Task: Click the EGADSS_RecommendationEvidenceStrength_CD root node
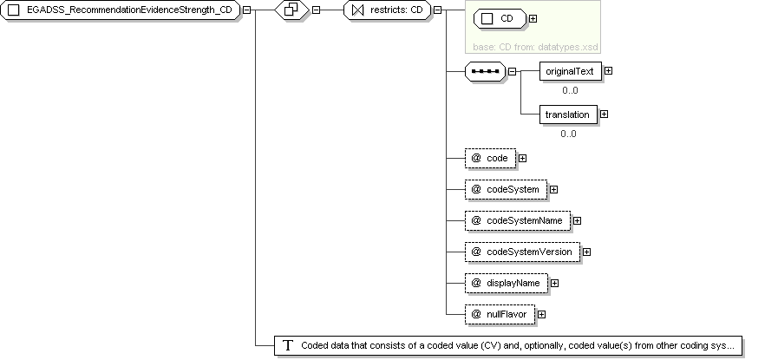120,10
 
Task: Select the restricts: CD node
388,10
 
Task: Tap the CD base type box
500,19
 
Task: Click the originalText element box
571,71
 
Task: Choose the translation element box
568,115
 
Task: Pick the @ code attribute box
490,158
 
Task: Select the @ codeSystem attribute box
507,189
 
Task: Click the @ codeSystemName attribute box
518,220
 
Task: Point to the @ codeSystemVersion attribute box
522,252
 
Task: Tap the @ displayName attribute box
507,283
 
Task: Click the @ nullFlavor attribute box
500,314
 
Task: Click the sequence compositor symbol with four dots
485,71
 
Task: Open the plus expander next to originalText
608,71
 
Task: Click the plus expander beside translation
604,115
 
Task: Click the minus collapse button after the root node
246,10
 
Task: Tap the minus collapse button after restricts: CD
438,10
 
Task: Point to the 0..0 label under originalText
570,90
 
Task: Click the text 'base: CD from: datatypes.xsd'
535,47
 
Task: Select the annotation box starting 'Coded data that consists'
508,345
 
